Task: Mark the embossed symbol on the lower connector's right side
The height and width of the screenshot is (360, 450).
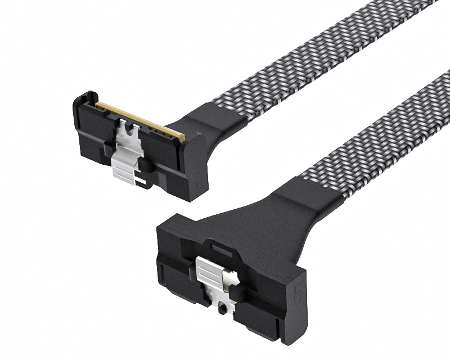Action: tap(297, 292)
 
